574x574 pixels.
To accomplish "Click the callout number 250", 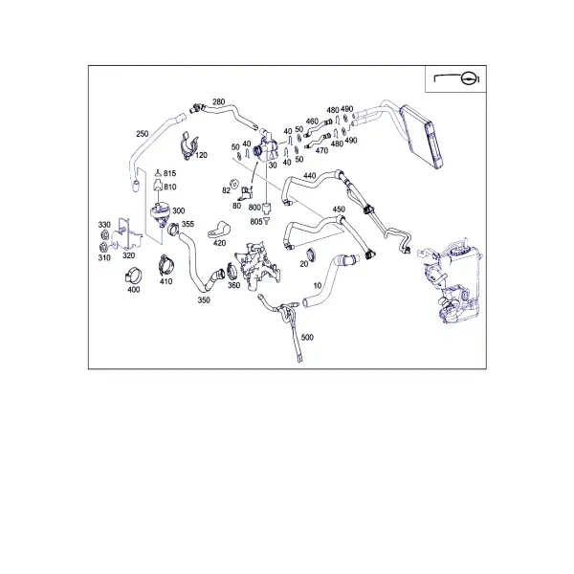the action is click(x=142, y=134).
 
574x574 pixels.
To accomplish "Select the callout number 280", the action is click(x=218, y=101).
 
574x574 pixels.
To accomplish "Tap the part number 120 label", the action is click(x=201, y=155).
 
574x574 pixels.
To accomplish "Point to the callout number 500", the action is click(x=307, y=337).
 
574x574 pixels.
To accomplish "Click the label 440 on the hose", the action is click(x=309, y=176).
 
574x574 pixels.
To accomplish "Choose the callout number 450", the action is click(x=339, y=209).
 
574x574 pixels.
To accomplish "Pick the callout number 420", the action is click(x=219, y=243).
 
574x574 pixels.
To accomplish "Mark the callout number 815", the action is click(x=169, y=173).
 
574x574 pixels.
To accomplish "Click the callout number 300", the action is click(x=178, y=210).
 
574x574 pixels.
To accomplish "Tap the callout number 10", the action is click(x=318, y=285).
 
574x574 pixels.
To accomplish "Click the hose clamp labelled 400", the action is click(x=134, y=276).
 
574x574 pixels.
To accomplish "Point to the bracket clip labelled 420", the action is click(x=219, y=230).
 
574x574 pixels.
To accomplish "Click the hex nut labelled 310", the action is click(x=103, y=247).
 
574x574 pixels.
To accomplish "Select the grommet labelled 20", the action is click(x=311, y=254).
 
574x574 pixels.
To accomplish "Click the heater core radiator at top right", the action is click(x=421, y=136).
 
